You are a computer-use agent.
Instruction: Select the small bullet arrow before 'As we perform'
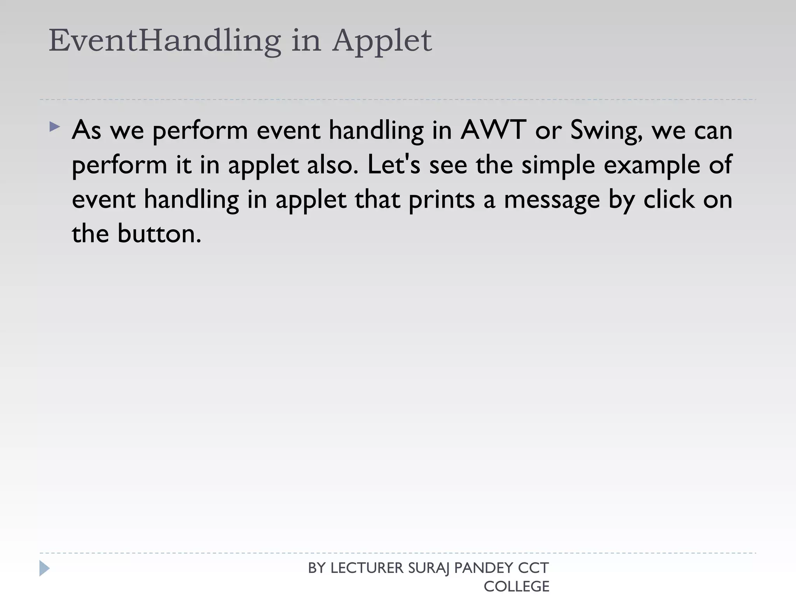(x=55, y=127)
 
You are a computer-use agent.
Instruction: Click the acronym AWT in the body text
(x=493, y=130)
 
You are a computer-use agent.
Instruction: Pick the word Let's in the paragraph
(x=393, y=164)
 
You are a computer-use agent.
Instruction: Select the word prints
(x=442, y=200)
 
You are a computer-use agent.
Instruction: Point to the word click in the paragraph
(x=669, y=199)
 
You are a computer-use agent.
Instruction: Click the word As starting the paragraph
(x=86, y=130)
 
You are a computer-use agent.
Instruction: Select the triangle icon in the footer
(x=44, y=568)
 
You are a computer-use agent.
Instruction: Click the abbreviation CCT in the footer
(x=533, y=568)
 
